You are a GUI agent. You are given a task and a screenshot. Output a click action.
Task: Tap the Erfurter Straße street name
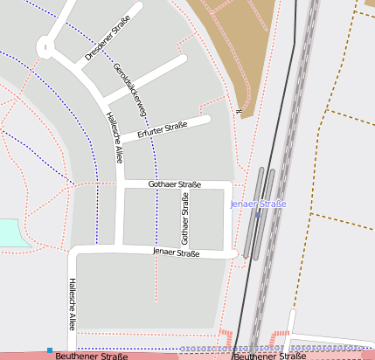(x=162, y=130)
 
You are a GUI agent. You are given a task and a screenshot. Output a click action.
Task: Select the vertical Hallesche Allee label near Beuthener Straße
(x=73, y=303)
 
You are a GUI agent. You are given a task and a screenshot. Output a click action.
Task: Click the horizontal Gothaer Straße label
(x=174, y=184)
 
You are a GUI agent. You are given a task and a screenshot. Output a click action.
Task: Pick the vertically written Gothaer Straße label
(x=184, y=219)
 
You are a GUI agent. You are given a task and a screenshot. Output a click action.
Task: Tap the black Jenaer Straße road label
(x=176, y=253)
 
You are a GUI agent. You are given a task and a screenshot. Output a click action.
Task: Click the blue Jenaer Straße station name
(x=258, y=204)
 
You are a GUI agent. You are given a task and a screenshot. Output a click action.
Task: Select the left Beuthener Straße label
(x=91, y=356)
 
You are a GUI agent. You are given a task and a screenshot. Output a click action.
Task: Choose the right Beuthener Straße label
(x=268, y=356)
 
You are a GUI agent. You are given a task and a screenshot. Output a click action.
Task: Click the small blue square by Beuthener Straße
(x=50, y=350)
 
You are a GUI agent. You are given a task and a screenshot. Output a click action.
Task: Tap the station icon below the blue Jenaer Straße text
(x=258, y=214)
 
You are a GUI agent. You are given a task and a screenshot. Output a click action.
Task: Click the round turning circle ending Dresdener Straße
(x=46, y=48)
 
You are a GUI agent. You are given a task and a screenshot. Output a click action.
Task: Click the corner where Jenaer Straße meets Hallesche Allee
(x=75, y=253)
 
